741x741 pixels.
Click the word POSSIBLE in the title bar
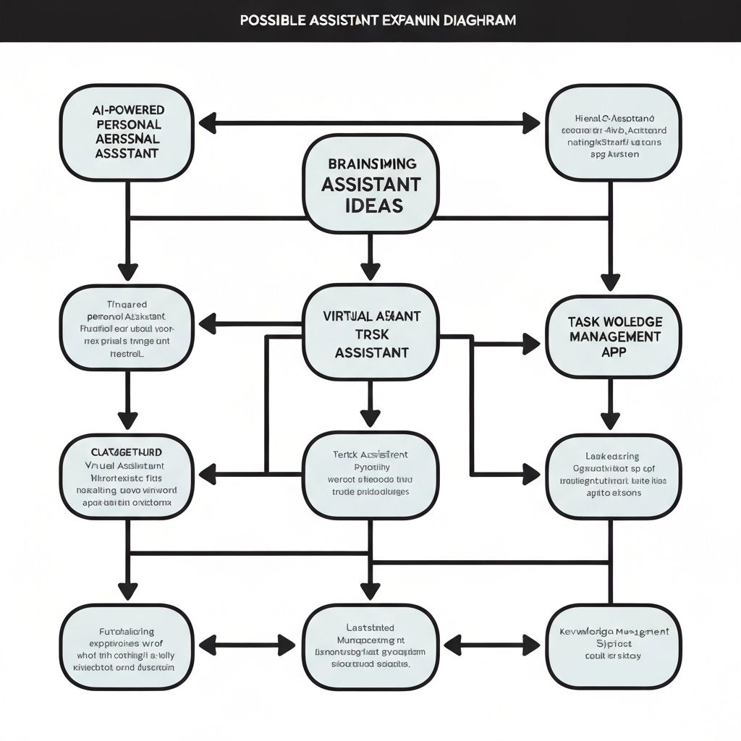point(271,20)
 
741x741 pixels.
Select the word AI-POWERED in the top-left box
point(129,110)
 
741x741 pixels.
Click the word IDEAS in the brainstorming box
point(370,205)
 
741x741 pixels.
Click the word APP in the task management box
point(614,352)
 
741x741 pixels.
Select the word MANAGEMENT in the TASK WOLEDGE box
point(614,336)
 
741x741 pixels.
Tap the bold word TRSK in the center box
point(370,335)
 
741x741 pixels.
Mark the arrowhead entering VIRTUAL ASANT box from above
point(370,271)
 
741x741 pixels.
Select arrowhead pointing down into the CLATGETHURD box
point(127,420)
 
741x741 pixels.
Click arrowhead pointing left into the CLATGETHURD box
point(208,475)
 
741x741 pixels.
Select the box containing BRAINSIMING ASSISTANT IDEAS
point(370,184)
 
